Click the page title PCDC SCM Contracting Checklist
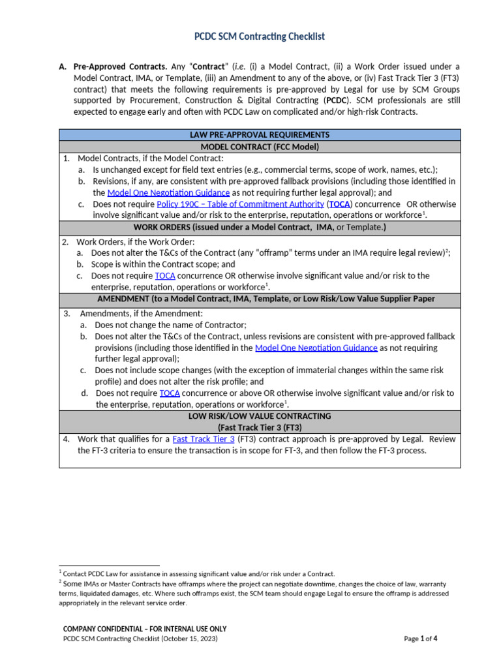(x=259, y=37)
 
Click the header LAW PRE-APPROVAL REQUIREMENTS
(x=259, y=135)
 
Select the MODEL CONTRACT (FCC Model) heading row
(x=259, y=147)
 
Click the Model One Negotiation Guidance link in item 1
(x=168, y=192)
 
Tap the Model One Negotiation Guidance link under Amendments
(x=316, y=348)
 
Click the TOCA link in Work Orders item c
(x=165, y=276)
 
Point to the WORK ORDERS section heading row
(x=259, y=227)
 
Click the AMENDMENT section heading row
(x=259, y=299)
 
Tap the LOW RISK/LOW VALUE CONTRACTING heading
(x=259, y=416)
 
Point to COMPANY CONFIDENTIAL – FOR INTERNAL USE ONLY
(x=144, y=629)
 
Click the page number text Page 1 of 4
(x=420, y=639)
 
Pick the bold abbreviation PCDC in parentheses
(x=337, y=100)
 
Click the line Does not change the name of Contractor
(x=170, y=325)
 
